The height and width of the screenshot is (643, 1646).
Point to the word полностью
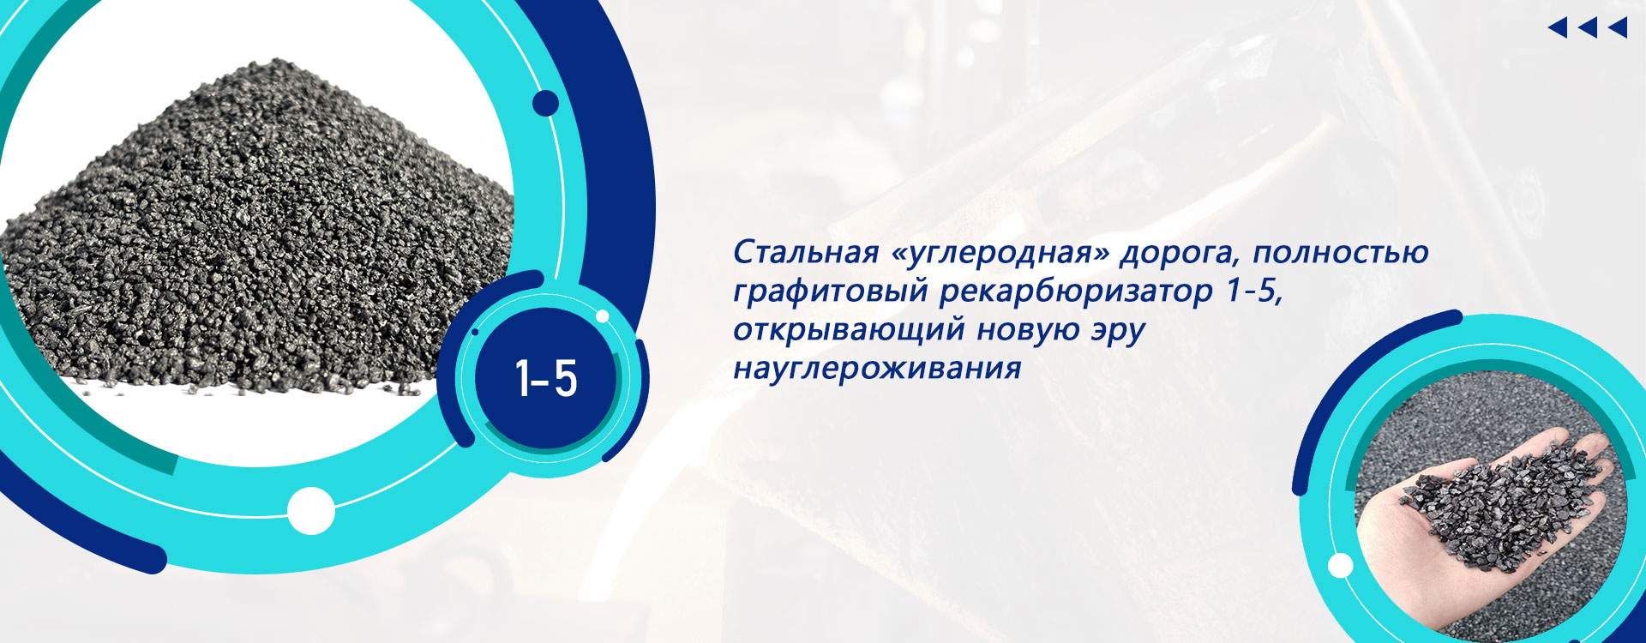[1341, 253]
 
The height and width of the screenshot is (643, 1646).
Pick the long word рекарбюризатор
[1077, 292]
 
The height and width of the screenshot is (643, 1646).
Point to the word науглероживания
[877, 370]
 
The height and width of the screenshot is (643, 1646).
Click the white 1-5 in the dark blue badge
[546, 378]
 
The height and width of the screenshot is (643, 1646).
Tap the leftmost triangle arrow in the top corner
[1558, 28]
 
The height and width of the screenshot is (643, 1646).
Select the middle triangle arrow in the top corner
[1588, 28]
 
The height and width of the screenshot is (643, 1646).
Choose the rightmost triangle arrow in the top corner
[1618, 28]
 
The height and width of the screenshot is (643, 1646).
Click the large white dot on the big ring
[310, 511]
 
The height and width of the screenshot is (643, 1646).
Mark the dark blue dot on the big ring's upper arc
[545, 104]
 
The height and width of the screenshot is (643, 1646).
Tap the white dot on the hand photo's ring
[1340, 566]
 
